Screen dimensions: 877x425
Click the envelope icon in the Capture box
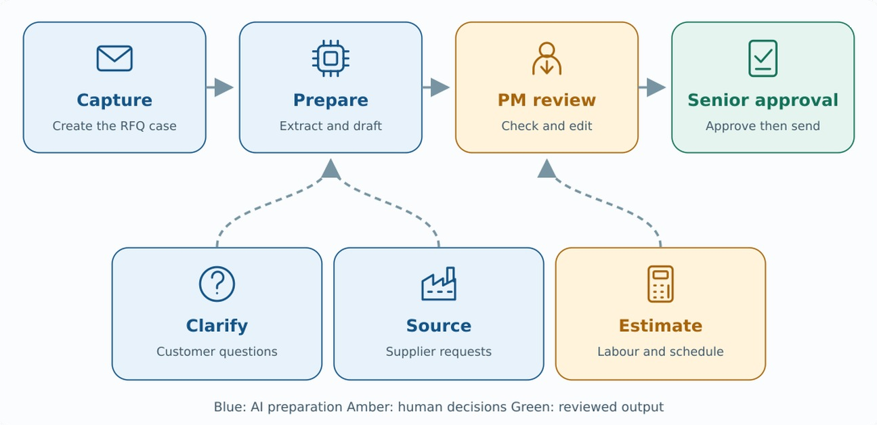[114, 59]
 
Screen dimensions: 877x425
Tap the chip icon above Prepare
[331, 59]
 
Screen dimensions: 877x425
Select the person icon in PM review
[547, 59]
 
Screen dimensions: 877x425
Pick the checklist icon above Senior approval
[763, 59]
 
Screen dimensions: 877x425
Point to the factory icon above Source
[439, 284]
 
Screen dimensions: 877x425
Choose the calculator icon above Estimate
[660, 284]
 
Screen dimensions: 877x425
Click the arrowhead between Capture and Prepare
[224, 87]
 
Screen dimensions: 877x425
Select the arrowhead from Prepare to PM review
[440, 87]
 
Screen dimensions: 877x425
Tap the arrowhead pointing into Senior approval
[656, 87]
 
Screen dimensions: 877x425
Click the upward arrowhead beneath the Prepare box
[331, 169]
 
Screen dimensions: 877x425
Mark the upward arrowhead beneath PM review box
[547, 169]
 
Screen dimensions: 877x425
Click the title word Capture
[114, 100]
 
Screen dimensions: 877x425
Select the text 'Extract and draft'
[331, 126]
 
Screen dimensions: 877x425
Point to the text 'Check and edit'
[547, 126]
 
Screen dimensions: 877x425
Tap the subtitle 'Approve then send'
[763, 126]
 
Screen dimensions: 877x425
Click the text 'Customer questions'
[217, 351]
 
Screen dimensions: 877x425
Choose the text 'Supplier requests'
[439, 351]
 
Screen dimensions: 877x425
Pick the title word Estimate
[660, 326]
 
